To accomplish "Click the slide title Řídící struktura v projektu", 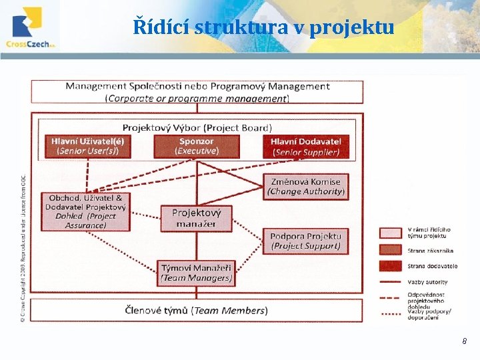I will click(263, 27).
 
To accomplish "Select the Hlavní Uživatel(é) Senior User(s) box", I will click(87, 146).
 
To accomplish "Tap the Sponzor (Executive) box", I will click(196, 146).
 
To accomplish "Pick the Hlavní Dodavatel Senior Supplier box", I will click(305, 147).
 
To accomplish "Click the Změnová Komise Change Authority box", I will click(306, 186).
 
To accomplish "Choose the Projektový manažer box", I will click(196, 218).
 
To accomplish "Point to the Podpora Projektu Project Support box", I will click(306, 241).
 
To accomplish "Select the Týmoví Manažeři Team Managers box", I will click(196, 273).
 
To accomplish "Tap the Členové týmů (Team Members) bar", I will click(197, 310).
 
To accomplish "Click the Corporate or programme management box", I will click(197, 92).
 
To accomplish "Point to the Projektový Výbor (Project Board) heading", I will click(197, 127).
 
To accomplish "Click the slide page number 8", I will click(465, 341).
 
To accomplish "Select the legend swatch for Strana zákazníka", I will click(393, 251).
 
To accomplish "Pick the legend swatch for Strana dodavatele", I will click(393, 266).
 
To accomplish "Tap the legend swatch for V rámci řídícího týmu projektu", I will click(393, 233).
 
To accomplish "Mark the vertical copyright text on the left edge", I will click(23, 247).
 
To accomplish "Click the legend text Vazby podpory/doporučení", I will click(428, 314).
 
